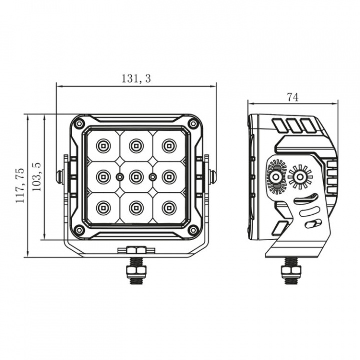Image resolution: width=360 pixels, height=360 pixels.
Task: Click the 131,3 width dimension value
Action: pyautogui.click(x=136, y=78)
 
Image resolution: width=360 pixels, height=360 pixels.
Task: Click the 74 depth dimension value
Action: pyautogui.click(x=293, y=97)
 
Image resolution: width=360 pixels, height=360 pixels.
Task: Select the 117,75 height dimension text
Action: pyautogui.click(x=20, y=185)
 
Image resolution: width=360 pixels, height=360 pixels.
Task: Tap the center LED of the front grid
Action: pyautogui.click(x=135, y=176)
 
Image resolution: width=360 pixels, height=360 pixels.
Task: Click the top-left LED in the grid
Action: pyautogui.click(x=103, y=145)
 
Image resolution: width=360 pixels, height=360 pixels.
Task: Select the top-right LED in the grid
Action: pyautogui.click(x=168, y=145)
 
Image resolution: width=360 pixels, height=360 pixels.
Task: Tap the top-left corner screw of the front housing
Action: pyautogui.click(x=79, y=123)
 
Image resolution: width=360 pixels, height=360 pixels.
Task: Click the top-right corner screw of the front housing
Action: pyautogui.click(x=192, y=123)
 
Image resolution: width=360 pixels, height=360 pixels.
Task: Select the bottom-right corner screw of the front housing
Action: pyautogui.click(x=192, y=229)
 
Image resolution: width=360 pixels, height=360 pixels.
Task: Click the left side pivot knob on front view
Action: pyautogui.click(x=60, y=176)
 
